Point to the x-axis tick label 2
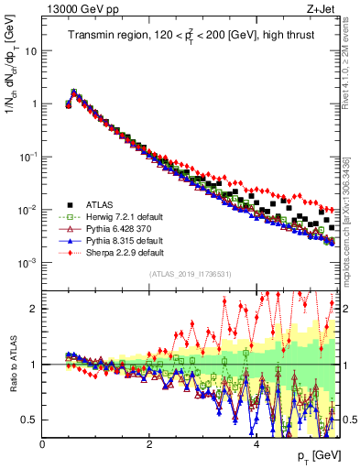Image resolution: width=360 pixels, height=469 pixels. click(149, 446)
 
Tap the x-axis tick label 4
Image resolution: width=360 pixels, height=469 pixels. click(256, 446)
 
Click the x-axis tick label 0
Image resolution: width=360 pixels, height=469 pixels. click(42, 446)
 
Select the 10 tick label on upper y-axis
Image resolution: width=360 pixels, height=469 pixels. click(30, 51)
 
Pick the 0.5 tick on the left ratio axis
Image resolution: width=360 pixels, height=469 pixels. click(29, 420)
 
